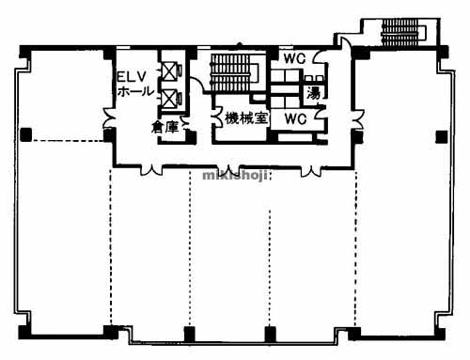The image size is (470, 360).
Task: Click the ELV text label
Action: [132, 76]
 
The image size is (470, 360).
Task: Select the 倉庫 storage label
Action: [164, 127]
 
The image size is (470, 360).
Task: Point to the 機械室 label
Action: [246, 118]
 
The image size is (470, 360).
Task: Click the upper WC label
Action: [294, 58]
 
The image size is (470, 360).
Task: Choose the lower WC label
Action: [295, 118]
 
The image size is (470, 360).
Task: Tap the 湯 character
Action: [313, 93]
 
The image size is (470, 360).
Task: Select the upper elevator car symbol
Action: [170, 72]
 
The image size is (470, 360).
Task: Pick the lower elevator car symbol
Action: [170, 97]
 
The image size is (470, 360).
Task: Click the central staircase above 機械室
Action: [234, 72]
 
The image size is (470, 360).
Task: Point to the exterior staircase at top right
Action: [403, 32]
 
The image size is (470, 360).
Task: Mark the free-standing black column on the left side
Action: [26, 134]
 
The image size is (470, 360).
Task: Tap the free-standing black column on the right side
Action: [442, 137]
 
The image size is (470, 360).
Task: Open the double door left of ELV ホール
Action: [109, 117]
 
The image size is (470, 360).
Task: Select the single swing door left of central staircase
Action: [196, 85]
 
